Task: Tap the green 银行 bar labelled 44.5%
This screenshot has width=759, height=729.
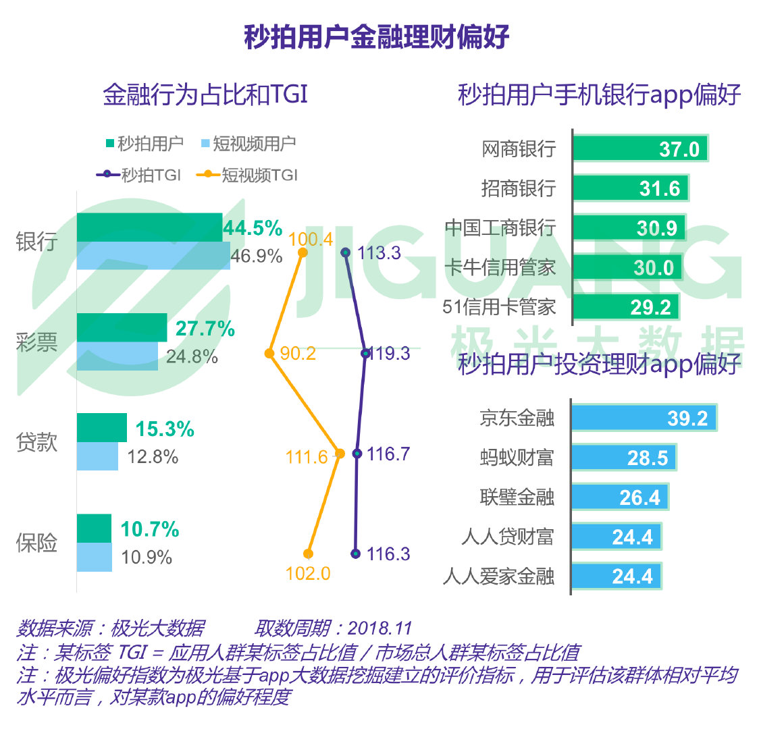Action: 149,227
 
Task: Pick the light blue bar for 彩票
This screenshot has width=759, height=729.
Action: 117,356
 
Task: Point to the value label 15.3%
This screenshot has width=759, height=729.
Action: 165,429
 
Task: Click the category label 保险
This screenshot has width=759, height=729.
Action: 37,543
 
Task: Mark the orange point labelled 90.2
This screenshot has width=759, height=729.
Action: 269,353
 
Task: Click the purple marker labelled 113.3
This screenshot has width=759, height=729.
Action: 346,252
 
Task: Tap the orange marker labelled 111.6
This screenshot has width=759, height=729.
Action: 340,454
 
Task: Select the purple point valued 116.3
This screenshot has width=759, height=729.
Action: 356,553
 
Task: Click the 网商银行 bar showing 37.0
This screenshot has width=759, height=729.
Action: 639,148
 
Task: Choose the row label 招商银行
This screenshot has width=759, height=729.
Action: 518,188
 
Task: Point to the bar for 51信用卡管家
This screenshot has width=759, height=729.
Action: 625,307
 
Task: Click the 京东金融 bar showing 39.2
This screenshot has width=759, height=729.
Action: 644,418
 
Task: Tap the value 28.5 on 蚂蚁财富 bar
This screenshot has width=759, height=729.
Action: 647,458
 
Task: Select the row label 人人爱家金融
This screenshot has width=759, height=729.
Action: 499,576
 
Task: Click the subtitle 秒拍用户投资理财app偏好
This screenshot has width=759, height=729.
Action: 599,364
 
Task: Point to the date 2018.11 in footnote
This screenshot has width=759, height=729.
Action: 379,628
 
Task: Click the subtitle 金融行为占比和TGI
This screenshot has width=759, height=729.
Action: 205,94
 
